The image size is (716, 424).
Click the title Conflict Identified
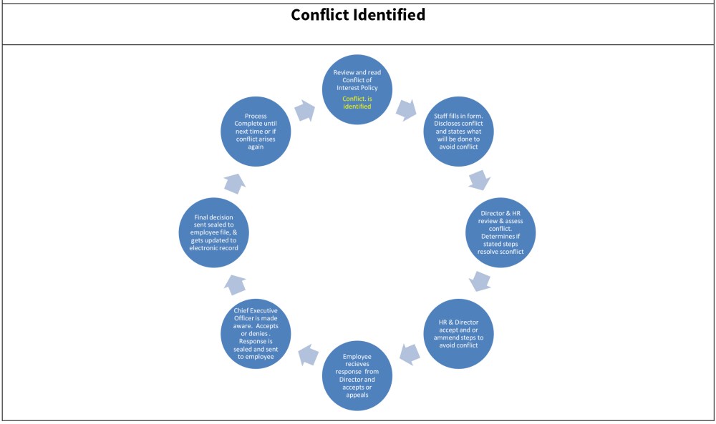358,15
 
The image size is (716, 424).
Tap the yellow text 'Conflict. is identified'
357,102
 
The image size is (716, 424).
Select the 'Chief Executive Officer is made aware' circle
256,333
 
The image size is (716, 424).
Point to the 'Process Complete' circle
256,131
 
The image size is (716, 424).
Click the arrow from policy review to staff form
406,109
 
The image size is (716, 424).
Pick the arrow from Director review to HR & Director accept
480,280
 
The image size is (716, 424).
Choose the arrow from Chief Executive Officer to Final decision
236,284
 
